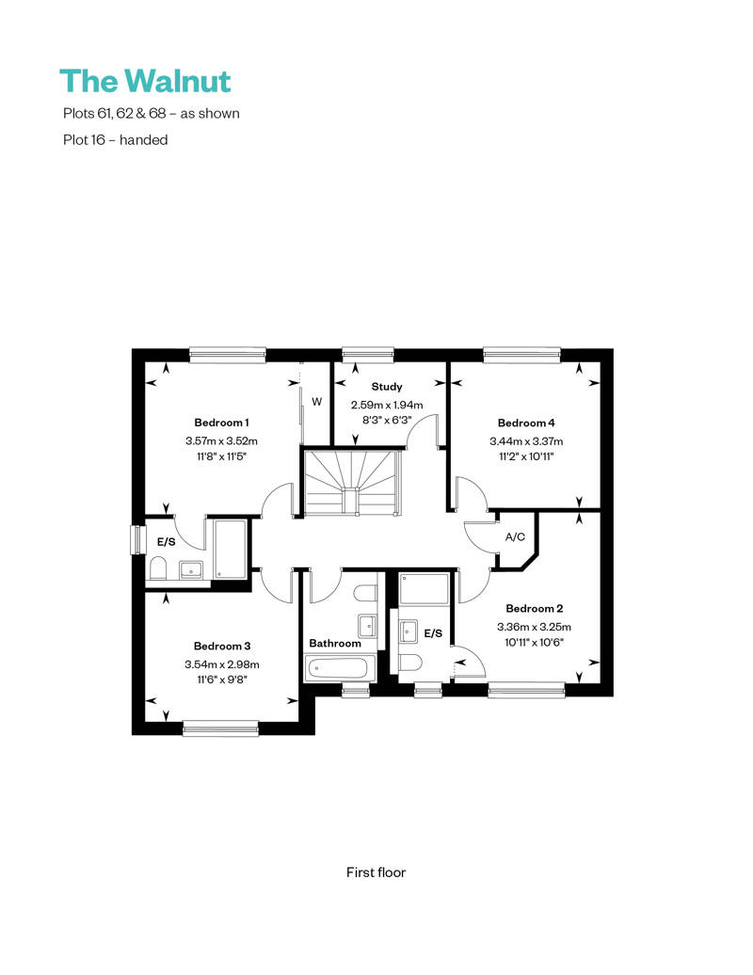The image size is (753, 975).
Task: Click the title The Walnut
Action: click(145, 81)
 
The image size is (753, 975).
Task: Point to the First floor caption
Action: click(376, 872)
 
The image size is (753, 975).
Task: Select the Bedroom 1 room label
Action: click(221, 423)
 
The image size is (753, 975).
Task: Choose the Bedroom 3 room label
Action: click(222, 646)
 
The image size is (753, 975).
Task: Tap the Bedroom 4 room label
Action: click(526, 423)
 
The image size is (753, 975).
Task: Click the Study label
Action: click(387, 387)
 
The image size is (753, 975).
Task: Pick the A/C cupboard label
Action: click(515, 537)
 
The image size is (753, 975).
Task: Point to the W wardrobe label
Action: click(317, 402)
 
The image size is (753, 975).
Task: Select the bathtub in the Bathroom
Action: click(340, 669)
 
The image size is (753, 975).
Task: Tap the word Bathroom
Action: click(335, 643)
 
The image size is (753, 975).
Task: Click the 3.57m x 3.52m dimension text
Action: click(221, 440)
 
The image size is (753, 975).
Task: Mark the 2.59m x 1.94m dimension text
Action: click(387, 405)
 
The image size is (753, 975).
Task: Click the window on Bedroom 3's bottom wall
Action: click(220, 727)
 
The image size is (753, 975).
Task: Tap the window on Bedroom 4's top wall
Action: click(522, 355)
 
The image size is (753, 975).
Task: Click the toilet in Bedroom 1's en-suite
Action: click(159, 567)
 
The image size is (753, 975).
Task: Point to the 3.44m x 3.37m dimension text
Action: click(526, 440)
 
